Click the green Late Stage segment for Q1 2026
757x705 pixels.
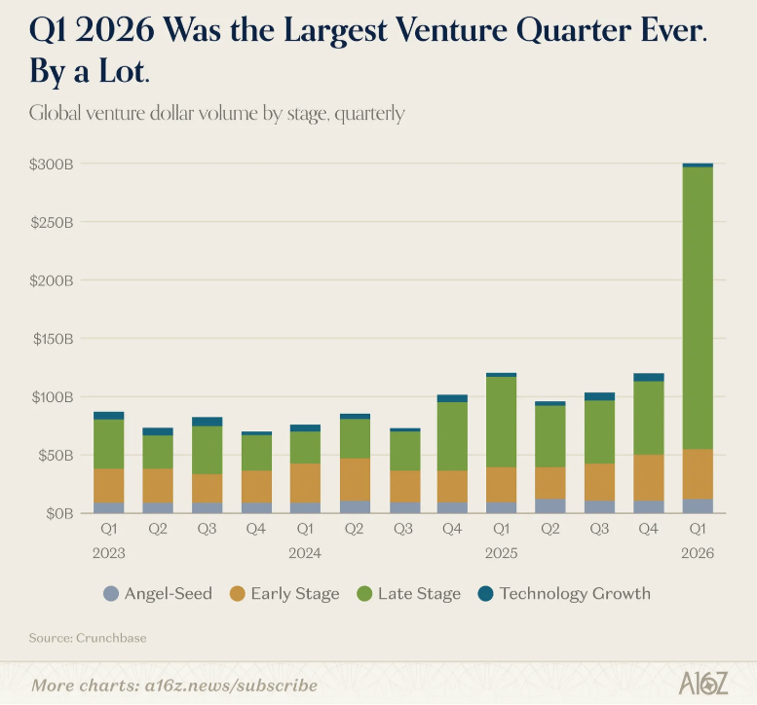(698, 308)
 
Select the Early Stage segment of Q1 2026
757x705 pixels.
(698, 474)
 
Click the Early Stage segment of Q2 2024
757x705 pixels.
(354, 479)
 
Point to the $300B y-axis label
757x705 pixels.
(51, 165)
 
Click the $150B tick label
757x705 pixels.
(51, 339)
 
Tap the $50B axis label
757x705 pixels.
(54, 455)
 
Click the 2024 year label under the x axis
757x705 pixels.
(305, 553)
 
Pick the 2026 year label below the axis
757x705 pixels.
(698, 553)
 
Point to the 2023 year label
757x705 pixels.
(109, 553)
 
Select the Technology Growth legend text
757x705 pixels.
(575, 593)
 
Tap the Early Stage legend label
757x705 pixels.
(294, 593)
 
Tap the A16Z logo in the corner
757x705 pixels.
(702, 683)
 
